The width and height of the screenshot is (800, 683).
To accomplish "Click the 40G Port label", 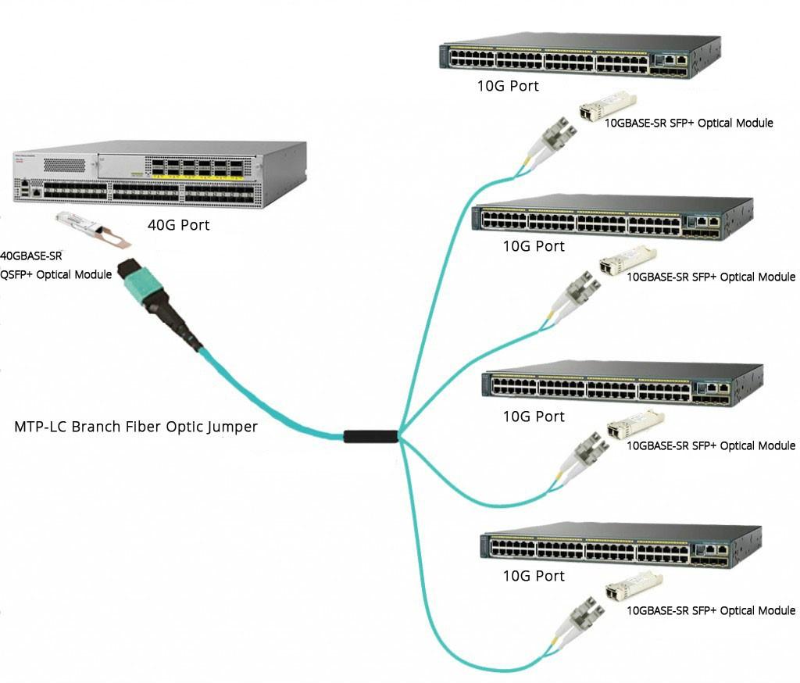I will (179, 226).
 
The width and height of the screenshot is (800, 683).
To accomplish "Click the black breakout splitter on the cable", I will (371, 436).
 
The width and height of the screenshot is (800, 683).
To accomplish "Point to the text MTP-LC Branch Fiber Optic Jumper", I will (136, 427).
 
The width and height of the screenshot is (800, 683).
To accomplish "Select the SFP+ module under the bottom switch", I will (634, 586).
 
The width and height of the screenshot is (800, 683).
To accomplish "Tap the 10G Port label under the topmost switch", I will (508, 86).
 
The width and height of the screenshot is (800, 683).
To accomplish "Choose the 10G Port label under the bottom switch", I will (534, 576).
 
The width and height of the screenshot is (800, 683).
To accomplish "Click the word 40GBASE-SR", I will (31, 256).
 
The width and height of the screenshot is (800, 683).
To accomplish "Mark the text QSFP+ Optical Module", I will (56, 274).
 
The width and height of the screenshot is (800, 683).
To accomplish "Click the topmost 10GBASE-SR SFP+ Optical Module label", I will (689, 123).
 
